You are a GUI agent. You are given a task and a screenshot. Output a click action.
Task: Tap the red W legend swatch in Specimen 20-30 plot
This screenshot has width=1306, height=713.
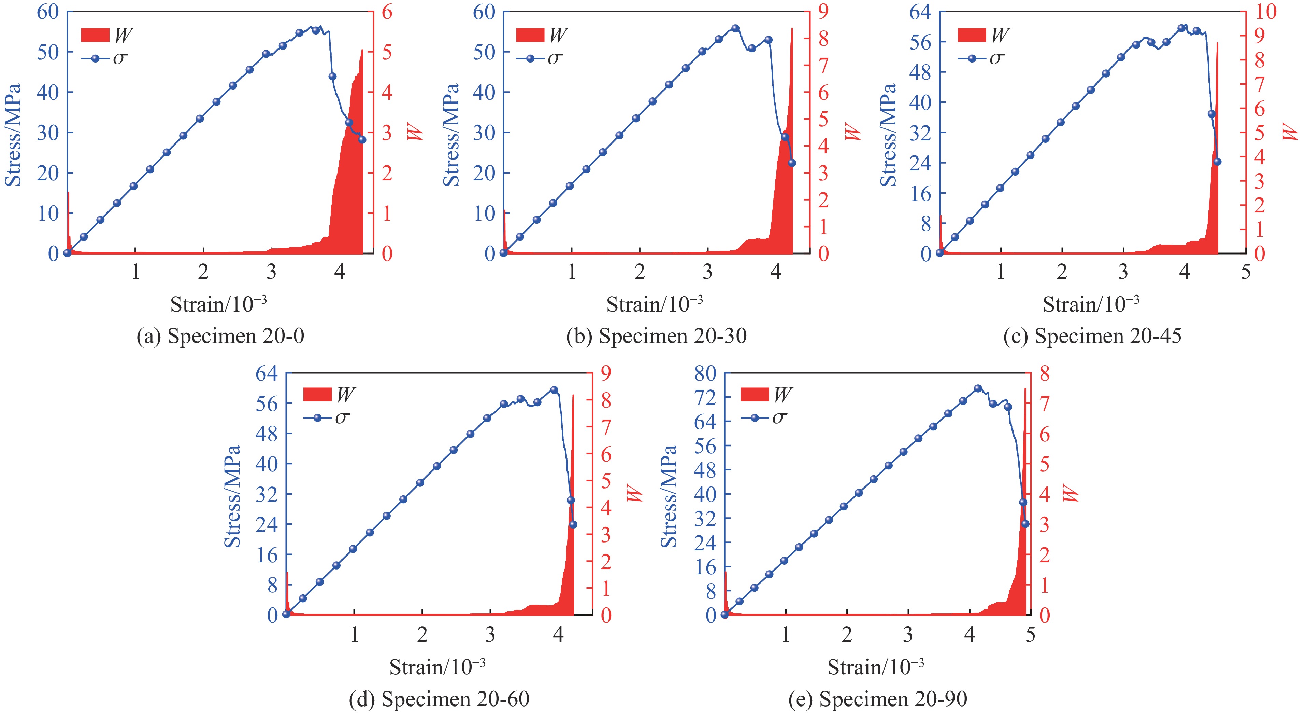point(530,35)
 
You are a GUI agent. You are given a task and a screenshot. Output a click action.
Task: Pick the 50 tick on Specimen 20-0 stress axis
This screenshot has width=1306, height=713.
point(48,52)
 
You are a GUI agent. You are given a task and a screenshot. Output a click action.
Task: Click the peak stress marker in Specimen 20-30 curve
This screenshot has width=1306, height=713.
point(735,28)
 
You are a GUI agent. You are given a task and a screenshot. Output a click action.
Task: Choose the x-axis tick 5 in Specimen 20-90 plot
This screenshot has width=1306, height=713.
point(1030,634)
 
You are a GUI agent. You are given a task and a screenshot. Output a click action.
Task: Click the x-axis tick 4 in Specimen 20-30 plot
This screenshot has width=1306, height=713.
point(775,273)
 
